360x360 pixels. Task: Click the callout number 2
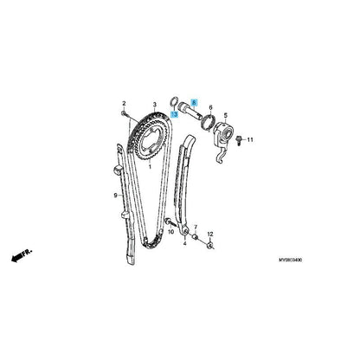click(x=124, y=103)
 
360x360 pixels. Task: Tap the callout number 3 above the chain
click(x=155, y=104)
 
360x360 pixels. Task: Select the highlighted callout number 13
click(x=174, y=114)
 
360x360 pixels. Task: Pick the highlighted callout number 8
click(x=194, y=102)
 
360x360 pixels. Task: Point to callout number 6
click(x=210, y=107)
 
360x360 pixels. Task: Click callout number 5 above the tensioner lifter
click(x=226, y=116)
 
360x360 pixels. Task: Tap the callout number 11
click(x=250, y=140)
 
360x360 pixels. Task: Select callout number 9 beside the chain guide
click(x=115, y=196)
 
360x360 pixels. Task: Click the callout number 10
click(x=171, y=232)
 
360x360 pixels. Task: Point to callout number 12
click(x=210, y=234)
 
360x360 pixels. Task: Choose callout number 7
click(x=196, y=227)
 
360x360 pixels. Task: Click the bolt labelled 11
click(x=239, y=141)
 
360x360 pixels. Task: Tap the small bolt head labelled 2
click(x=124, y=113)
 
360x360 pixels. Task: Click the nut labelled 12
click(x=210, y=246)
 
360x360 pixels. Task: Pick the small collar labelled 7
click(x=195, y=237)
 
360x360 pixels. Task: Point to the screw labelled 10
click(x=170, y=222)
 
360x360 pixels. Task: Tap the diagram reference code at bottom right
click(x=290, y=260)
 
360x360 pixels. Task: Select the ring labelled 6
click(x=209, y=121)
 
